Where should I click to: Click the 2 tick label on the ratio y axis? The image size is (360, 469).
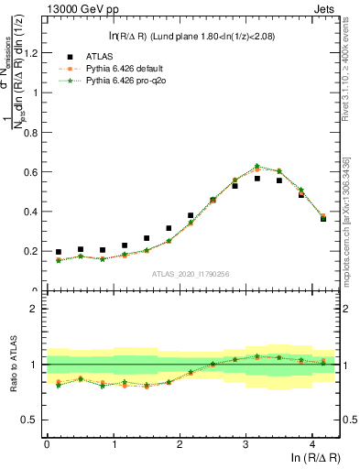click(34, 309)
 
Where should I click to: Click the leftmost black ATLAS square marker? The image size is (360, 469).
click(59, 252)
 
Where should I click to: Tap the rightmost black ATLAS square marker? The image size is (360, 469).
click(323, 219)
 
